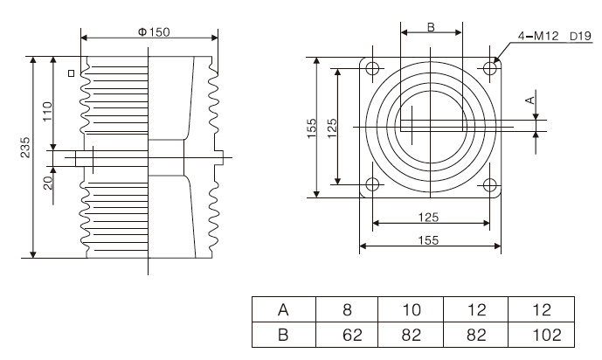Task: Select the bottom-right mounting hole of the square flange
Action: pos(489,185)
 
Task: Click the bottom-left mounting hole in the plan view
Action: pos(372,185)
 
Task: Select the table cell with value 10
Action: pos(412,309)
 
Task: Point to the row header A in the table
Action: pos(283,309)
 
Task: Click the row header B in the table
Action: pos(283,335)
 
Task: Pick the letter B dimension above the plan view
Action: pos(431,27)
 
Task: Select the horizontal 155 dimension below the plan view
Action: pos(428,239)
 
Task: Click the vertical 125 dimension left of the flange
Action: pos(331,128)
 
